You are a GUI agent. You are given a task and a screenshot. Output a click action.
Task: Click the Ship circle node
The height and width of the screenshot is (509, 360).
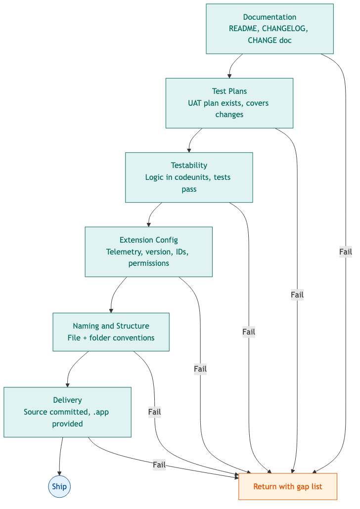click(x=59, y=487)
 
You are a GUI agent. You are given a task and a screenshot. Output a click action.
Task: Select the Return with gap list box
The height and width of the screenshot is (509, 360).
click(x=287, y=487)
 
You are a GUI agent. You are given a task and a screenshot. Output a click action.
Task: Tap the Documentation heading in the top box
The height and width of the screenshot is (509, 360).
click(x=270, y=17)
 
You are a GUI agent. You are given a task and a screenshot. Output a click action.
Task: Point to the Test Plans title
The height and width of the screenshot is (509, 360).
click(x=229, y=91)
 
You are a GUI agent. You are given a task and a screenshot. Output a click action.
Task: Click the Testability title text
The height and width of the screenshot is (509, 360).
click(x=189, y=166)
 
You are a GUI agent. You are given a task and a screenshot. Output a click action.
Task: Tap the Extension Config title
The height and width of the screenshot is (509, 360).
click(x=148, y=240)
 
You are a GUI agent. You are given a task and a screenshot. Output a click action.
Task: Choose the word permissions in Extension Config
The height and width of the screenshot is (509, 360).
click(x=148, y=263)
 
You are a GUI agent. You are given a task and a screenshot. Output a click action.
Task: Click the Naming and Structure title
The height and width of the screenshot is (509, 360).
click(x=111, y=326)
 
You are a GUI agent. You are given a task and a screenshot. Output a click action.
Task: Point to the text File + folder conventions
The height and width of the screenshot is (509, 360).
click(x=111, y=338)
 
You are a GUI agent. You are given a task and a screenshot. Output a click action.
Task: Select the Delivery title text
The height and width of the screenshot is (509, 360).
click(x=67, y=400)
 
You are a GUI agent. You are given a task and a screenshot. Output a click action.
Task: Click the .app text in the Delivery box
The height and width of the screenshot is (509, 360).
click(x=101, y=412)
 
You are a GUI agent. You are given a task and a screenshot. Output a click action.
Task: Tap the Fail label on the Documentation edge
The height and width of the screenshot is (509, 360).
click(x=345, y=252)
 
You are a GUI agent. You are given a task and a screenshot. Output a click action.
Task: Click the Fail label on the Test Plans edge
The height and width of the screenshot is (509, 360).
click(x=297, y=295)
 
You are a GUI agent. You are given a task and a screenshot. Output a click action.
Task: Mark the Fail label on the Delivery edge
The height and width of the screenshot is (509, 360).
click(x=159, y=465)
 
